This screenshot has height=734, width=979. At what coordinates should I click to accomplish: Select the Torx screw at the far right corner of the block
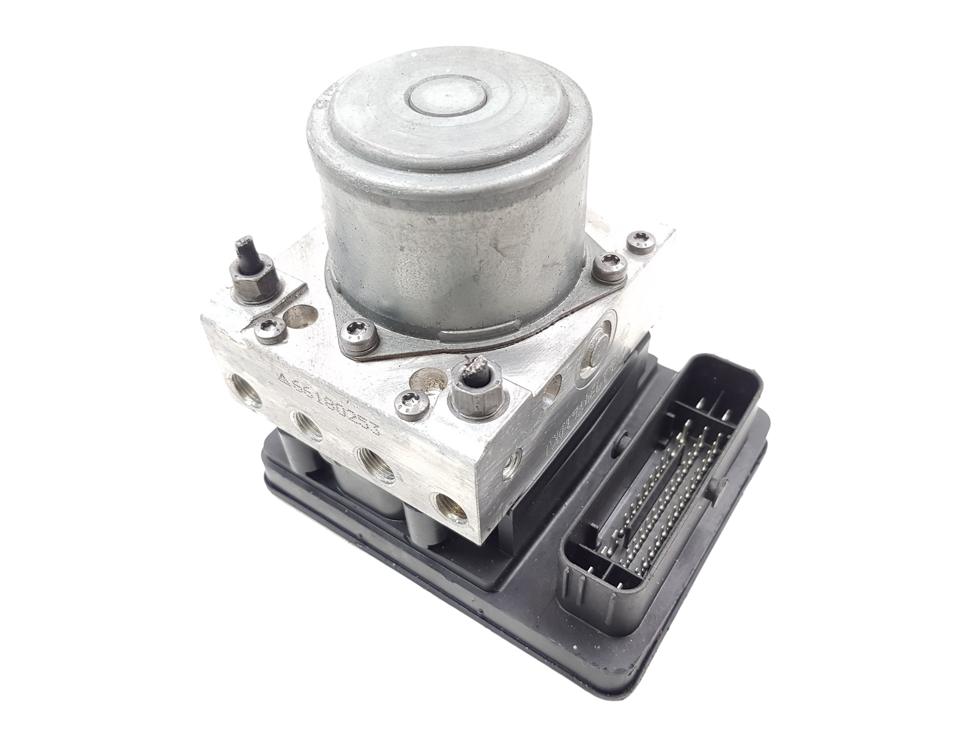point(640,237)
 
